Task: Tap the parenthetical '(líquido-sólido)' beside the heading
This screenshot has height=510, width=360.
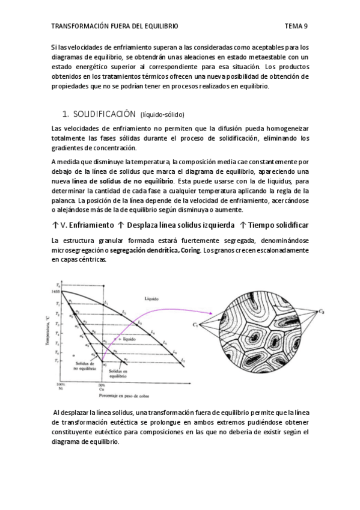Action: (x=162, y=114)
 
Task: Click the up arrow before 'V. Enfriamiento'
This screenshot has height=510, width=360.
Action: (x=55, y=225)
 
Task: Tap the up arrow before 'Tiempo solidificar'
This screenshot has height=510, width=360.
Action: (x=243, y=225)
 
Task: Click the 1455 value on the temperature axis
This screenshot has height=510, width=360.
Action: (x=56, y=291)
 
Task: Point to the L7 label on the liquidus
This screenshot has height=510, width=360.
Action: (x=183, y=360)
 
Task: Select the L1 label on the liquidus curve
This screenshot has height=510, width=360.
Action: (x=106, y=303)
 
